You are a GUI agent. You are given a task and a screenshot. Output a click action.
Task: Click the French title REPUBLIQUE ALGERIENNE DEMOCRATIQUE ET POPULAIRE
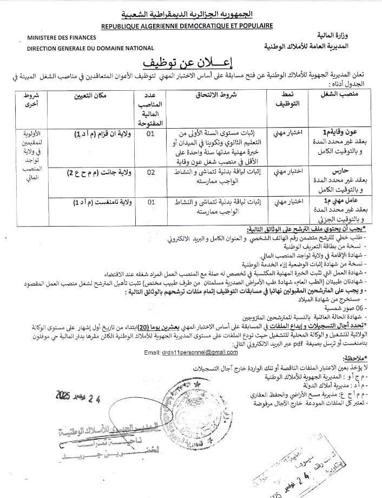tap(187, 25)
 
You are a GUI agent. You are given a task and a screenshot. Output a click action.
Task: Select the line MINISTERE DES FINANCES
tap(62, 38)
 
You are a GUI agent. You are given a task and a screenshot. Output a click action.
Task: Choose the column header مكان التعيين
tap(90, 96)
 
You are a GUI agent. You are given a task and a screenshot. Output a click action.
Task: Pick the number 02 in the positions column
tap(151, 172)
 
